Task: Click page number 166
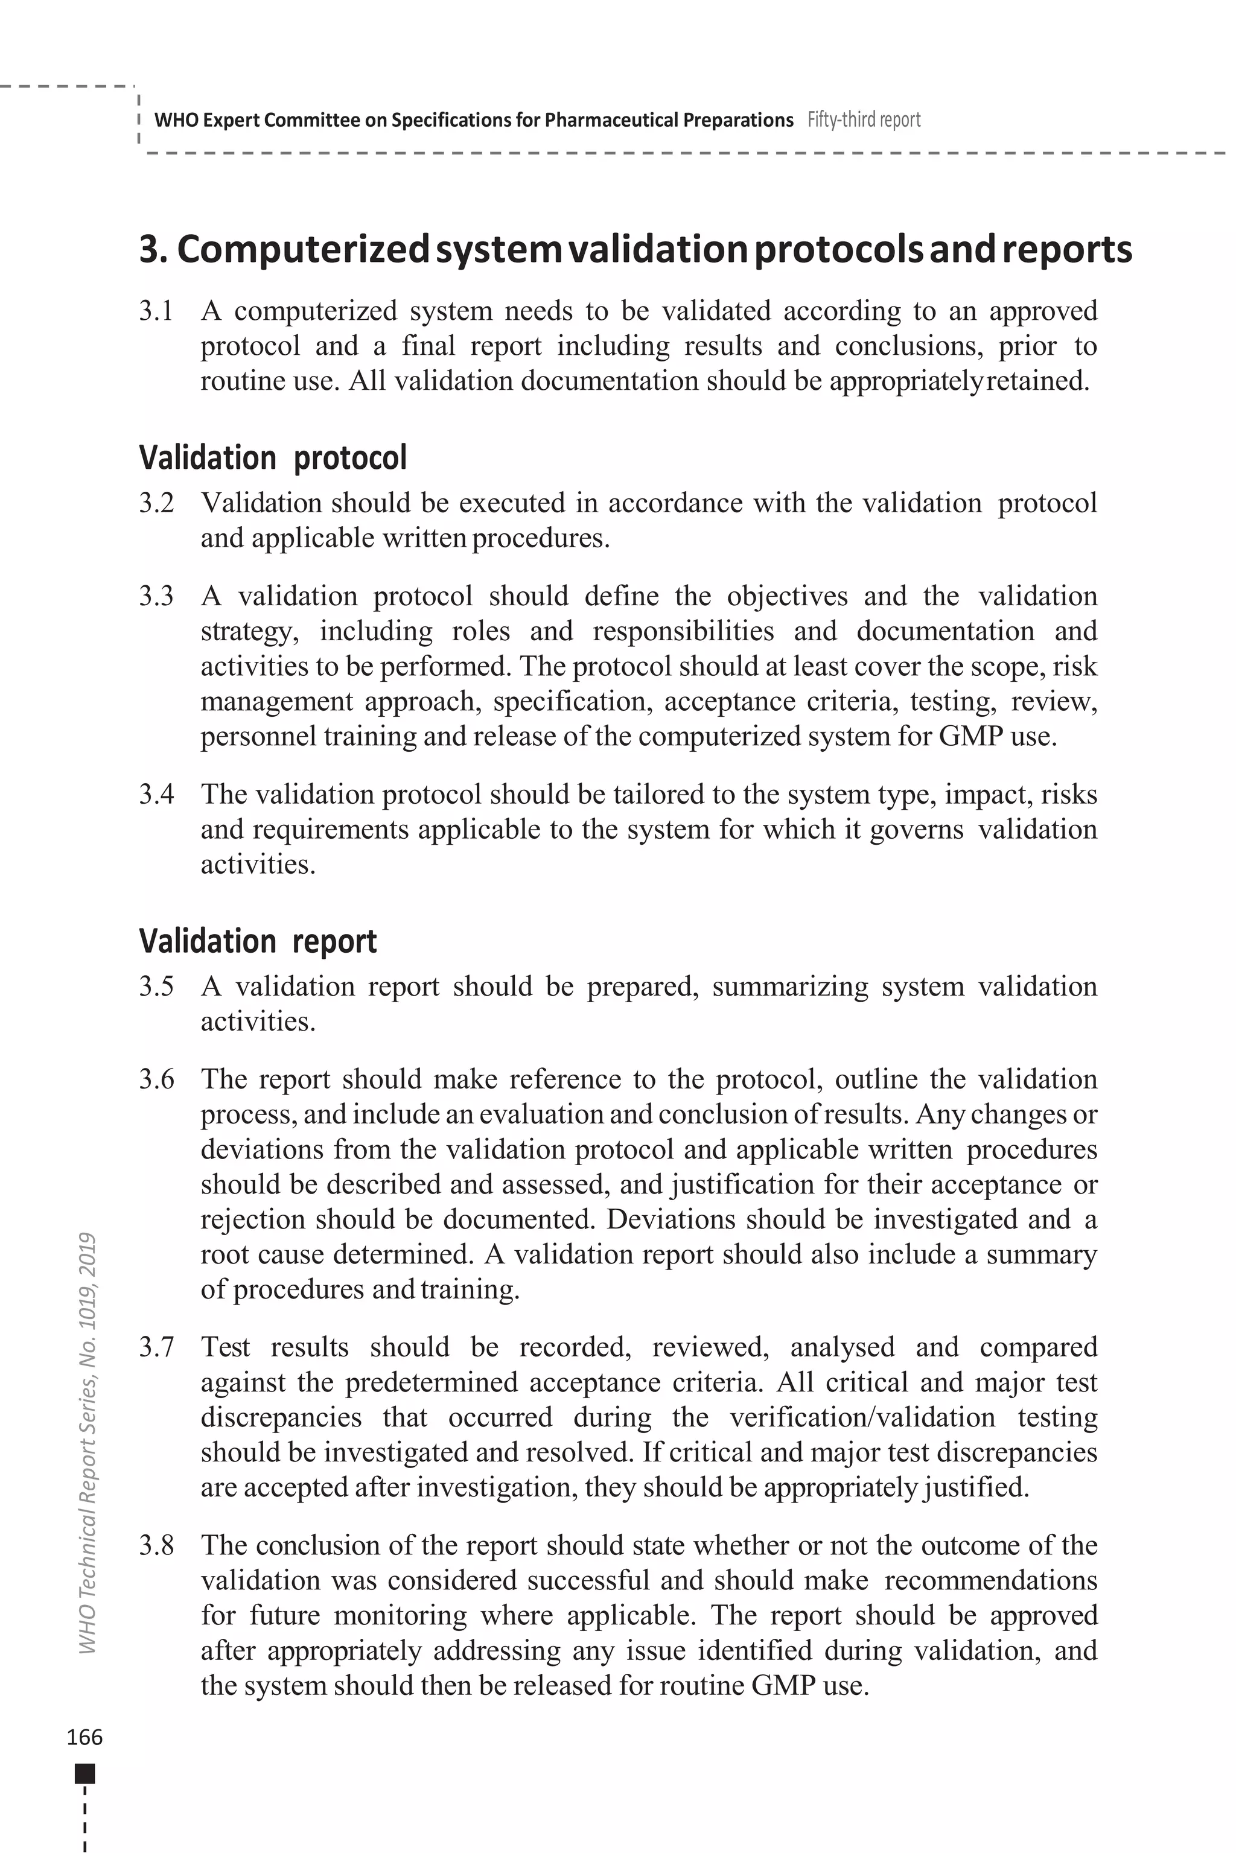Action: point(84,1737)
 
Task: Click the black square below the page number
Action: point(84,1774)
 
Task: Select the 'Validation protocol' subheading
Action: point(273,457)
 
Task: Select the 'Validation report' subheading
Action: point(258,940)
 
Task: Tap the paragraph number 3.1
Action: point(156,311)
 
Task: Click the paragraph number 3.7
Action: point(156,1347)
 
